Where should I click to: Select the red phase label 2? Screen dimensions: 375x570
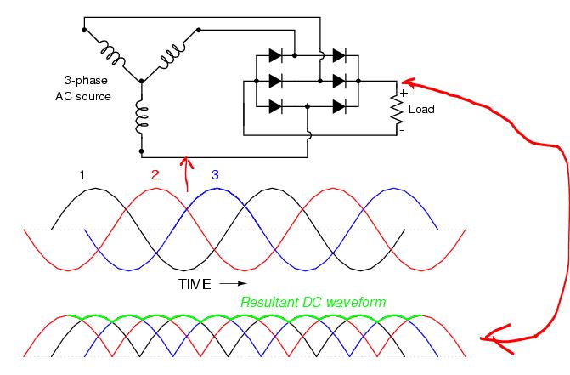coord(155,175)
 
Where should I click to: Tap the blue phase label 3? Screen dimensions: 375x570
coord(215,174)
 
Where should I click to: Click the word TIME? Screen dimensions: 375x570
coord(195,282)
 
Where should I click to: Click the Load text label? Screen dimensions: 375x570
coord(421,110)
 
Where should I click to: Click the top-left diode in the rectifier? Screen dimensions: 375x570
coord(275,55)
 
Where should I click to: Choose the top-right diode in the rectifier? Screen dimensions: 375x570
coord(340,55)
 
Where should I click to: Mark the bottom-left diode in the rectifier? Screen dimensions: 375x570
coord(275,106)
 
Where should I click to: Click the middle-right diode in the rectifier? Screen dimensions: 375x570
coord(340,81)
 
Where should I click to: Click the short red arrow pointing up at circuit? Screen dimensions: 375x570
coord(188,179)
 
